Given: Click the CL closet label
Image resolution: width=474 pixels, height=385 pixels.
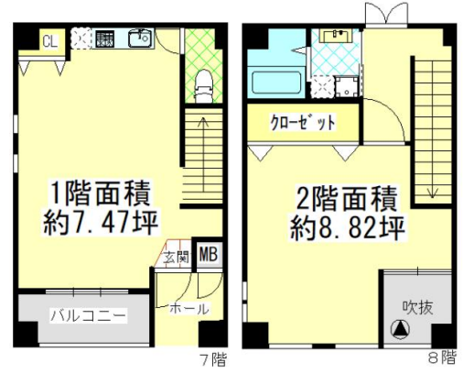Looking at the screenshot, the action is pos(50,41).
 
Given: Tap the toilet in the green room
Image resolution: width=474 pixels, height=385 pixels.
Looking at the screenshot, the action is pos(203,86).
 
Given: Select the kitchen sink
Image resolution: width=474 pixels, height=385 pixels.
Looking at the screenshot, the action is pos(140,38).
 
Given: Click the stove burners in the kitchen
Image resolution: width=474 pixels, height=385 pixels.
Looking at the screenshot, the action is pos(104,39).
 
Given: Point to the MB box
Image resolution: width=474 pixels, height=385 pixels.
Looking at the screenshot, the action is pos(209,254).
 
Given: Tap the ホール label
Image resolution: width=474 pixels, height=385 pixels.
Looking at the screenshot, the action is pos(189,309).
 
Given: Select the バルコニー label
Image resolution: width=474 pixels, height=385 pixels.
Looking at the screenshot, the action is pos(88,315).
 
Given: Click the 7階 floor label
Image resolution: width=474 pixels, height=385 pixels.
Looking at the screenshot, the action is pos(213,359).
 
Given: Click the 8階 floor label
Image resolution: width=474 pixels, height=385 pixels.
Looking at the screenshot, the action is pos(442,357).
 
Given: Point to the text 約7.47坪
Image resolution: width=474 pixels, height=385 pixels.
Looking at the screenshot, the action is pos(101,222).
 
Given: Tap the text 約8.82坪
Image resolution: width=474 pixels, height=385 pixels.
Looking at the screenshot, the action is pos(347,227).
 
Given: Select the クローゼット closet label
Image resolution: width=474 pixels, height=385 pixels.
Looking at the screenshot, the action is pos(303,122).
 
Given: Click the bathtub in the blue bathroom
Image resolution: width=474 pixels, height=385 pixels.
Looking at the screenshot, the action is pos(276,82).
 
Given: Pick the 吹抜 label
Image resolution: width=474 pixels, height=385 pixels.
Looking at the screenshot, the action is pos(417,307).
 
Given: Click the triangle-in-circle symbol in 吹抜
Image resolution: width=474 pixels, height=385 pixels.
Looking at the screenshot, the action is pos(400,329).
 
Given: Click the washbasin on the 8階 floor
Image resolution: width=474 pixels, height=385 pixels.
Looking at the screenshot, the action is pos(336,36).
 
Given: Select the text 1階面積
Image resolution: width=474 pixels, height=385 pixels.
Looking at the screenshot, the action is pos(101,193).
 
